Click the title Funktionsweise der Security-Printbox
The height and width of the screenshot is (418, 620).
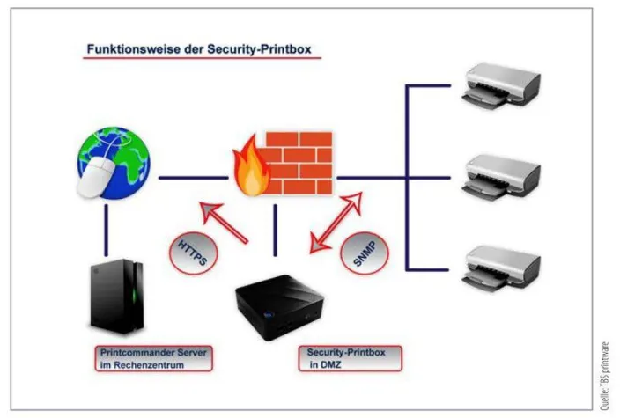pyautogui.click(x=201, y=50)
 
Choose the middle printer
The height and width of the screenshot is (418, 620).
pyautogui.click(x=500, y=176)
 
